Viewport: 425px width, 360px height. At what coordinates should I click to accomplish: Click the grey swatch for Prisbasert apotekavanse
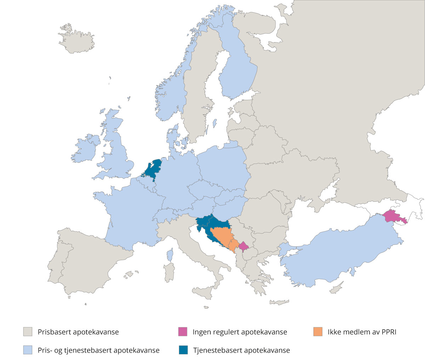28,332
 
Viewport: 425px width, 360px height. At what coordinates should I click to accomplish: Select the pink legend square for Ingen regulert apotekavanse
183,332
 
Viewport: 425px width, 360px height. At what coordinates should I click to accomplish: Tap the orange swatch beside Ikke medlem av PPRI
318,332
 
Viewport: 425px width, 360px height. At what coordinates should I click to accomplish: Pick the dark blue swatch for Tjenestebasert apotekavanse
183,350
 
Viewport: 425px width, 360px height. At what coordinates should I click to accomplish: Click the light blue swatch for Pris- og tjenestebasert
28,350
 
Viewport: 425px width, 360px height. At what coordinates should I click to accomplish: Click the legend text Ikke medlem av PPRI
362,332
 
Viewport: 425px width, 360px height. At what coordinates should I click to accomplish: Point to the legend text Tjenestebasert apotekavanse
241,350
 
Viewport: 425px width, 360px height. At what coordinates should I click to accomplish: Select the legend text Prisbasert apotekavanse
78,332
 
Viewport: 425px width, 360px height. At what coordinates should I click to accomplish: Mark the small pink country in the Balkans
243,246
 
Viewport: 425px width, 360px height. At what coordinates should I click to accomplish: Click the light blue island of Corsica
170,255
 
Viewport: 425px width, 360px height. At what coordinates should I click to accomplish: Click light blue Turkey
336,255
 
